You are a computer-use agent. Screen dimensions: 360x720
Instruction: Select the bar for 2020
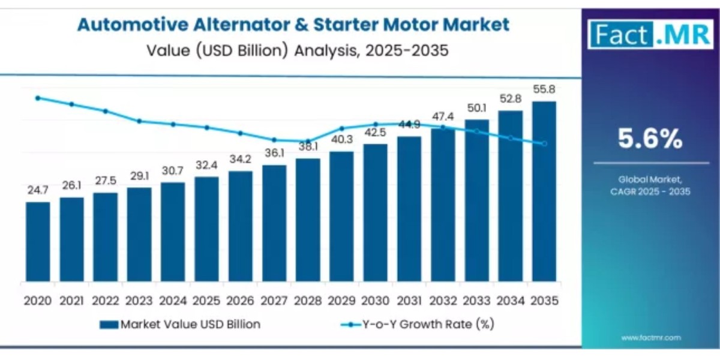tap(38, 242)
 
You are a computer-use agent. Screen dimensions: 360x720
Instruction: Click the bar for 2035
tap(544, 192)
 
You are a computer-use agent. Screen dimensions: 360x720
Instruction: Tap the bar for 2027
tap(274, 223)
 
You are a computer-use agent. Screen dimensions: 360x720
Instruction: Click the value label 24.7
tap(37, 190)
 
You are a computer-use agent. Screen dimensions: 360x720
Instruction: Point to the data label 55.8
tap(544, 89)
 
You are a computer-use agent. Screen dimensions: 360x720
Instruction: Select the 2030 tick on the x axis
tap(375, 299)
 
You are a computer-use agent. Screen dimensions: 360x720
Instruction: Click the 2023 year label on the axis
tap(139, 299)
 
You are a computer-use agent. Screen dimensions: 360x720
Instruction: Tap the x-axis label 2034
tap(510, 299)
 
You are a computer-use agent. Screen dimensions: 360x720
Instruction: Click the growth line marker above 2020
tap(38, 98)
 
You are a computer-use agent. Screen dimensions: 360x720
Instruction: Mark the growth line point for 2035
tap(544, 143)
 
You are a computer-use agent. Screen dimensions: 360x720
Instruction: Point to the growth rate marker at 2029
tap(341, 128)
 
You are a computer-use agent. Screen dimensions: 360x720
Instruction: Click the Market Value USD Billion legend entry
tap(180, 325)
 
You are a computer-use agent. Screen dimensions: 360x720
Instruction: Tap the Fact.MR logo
tap(650, 34)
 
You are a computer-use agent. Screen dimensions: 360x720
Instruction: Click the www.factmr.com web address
tap(650, 338)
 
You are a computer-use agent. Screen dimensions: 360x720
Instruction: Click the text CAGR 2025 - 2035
tap(650, 192)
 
